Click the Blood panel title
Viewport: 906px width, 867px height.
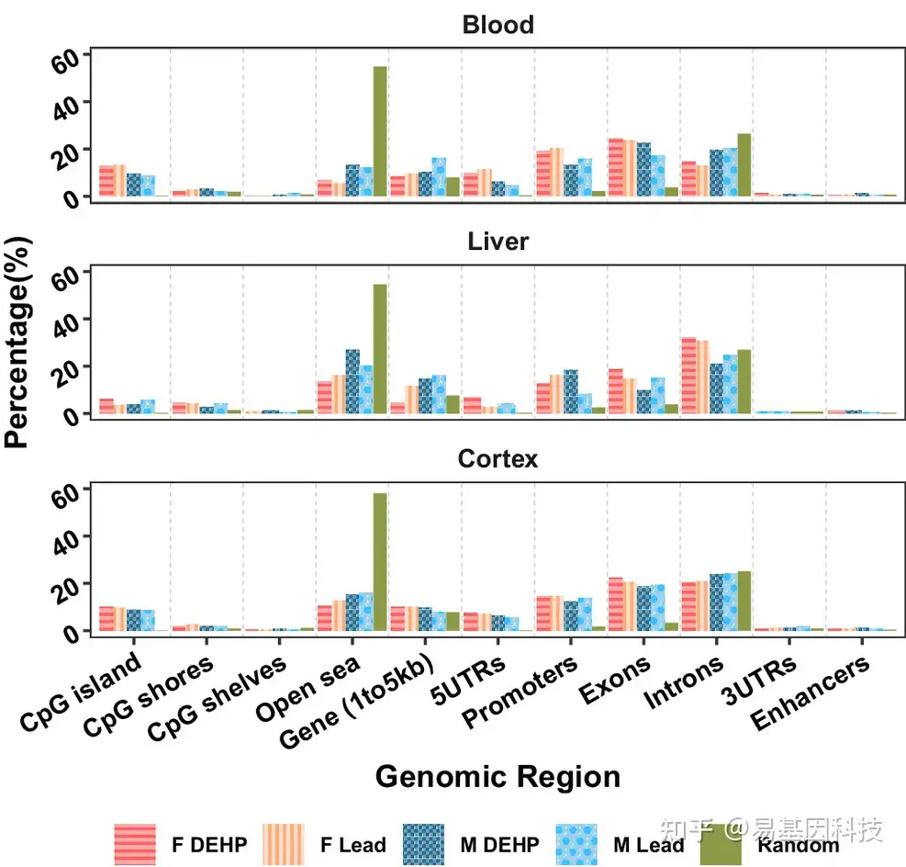[x=498, y=25]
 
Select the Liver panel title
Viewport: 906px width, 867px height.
[x=498, y=242]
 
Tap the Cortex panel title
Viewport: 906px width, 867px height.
[x=498, y=458]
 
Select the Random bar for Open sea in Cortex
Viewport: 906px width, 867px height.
[x=380, y=562]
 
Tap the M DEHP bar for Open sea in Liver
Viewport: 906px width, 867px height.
[x=352, y=381]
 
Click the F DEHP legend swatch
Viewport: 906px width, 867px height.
[x=135, y=844]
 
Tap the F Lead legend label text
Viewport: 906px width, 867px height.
[x=352, y=844]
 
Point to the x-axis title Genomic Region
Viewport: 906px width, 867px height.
[x=498, y=778]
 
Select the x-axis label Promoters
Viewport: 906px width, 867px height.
[x=520, y=691]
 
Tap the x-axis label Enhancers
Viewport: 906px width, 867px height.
[x=810, y=694]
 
